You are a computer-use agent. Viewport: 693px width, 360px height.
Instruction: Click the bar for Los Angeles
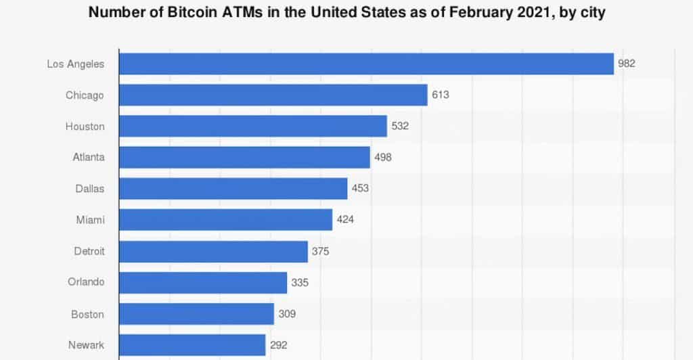pos(366,64)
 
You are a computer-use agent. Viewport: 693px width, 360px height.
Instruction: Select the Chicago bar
pos(273,95)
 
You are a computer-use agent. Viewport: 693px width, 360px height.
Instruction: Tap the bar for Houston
pos(253,126)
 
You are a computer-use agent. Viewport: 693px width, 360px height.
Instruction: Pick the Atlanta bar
pos(244,157)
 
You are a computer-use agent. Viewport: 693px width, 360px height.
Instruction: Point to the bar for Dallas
pos(233,188)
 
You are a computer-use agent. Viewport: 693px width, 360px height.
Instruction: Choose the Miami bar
pos(225,219)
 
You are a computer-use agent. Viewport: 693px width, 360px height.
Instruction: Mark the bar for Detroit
pos(213,251)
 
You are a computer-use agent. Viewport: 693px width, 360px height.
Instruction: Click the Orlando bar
pos(203,282)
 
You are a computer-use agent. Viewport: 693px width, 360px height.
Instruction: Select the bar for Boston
pos(196,314)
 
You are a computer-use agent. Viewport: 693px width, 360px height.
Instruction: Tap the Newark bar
pos(192,345)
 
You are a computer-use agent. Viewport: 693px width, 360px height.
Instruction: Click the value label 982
pos(627,64)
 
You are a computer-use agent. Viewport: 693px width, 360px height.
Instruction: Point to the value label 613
pos(440,95)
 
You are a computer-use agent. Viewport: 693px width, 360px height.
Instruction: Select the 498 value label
pos(382,157)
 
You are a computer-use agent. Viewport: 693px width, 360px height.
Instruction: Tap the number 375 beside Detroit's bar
pos(321,251)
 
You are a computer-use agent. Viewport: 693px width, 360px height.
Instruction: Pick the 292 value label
pos(278,345)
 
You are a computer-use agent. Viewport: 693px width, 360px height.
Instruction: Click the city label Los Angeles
pos(76,64)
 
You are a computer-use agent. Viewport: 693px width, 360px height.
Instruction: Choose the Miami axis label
pos(90,219)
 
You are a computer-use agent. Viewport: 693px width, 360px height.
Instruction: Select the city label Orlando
pos(86,282)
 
